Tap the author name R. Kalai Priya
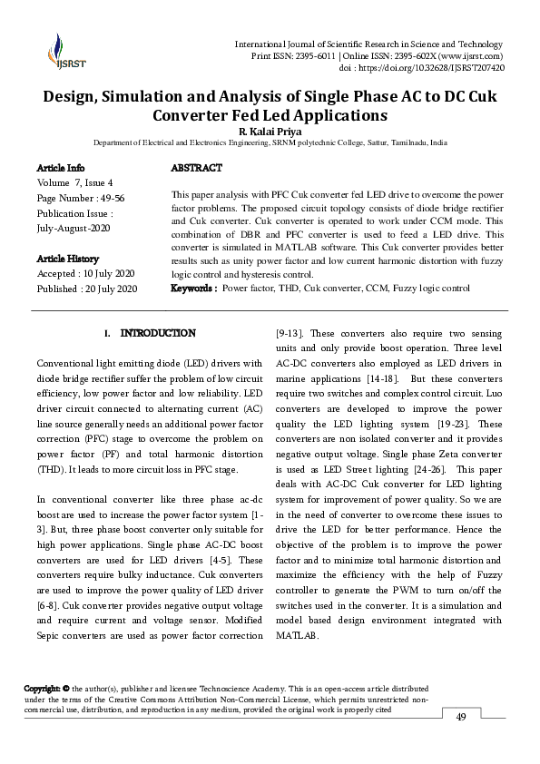(270, 131)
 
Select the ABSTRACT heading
(196, 169)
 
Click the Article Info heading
(61, 169)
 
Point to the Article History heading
(68, 259)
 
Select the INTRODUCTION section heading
(157, 334)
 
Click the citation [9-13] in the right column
(290, 333)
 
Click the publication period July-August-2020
(74, 229)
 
